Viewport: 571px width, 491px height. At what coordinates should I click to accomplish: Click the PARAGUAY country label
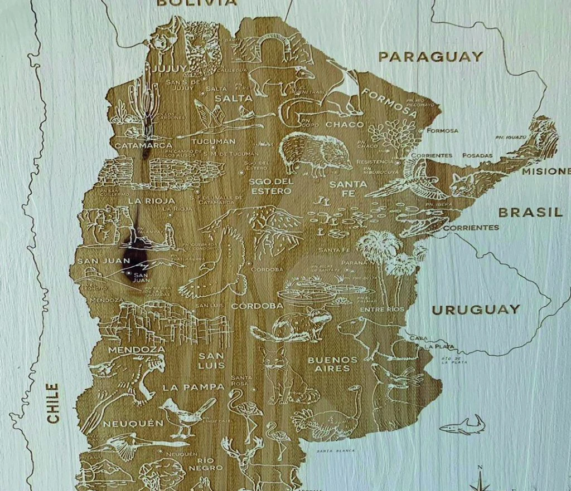coord(430,56)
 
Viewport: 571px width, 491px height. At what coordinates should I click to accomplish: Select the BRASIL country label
coord(530,212)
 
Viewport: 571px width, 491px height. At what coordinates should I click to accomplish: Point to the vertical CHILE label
coord(52,402)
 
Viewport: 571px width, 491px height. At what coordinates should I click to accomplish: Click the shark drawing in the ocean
coord(462,426)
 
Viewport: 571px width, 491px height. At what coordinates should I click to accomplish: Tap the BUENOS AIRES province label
coord(332,364)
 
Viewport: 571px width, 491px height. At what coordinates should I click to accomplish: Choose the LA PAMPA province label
coord(193,387)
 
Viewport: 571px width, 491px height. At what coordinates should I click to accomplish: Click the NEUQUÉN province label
coord(136,424)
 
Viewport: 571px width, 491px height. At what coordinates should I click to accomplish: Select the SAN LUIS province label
coord(211,361)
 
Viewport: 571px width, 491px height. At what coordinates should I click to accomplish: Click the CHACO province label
coord(345,124)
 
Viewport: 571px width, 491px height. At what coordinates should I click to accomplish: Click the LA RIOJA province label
coord(152,200)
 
